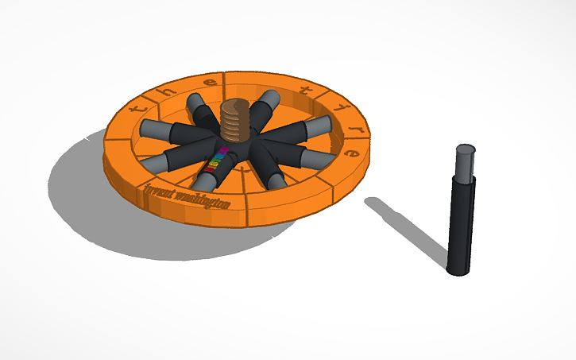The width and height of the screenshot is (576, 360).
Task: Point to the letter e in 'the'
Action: pos(211,83)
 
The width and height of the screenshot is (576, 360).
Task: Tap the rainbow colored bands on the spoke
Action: pos(216,160)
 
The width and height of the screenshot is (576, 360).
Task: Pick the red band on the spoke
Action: pos(211,168)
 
